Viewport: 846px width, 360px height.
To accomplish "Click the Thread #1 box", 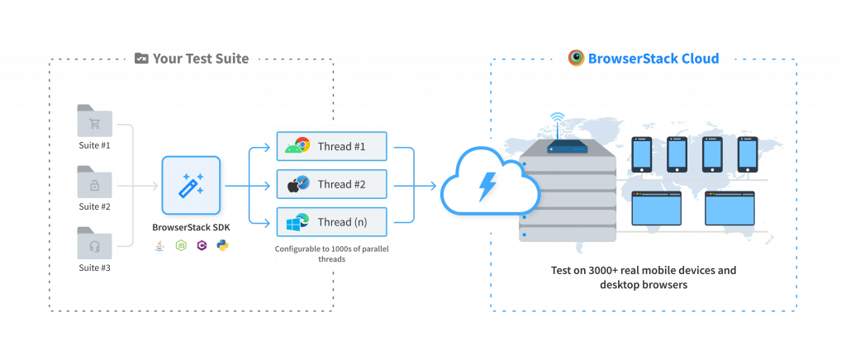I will pyautogui.click(x=331, y=146).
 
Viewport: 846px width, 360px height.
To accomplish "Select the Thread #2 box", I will pyautogui.click(x=331, y=185).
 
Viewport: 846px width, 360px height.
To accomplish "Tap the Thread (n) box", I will pyautogui.click(x=331, y=221).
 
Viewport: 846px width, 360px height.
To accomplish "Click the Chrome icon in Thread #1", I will pyautogui.click(x=302, y=146).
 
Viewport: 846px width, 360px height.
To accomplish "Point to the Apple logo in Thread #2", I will pyautogui.click(x=292, y=187).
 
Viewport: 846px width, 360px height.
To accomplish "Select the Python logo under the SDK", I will pyautogui.click(x=221, y=245).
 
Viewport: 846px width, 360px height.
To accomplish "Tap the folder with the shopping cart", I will pyautogui.click(x=94, y=123).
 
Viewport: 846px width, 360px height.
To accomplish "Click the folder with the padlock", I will pyautogui.click(x=94, y=183).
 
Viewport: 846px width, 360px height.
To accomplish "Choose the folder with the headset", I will pyautogui.click(x=94, y=245).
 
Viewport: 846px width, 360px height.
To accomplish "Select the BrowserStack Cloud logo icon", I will pyautogui.click(x=577, y=58).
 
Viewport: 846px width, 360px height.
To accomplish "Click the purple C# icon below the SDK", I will pyautogui.click(x=202, y=245).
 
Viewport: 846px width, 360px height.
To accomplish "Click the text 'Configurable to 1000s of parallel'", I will pyautogui.click(x=331, y=248).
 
